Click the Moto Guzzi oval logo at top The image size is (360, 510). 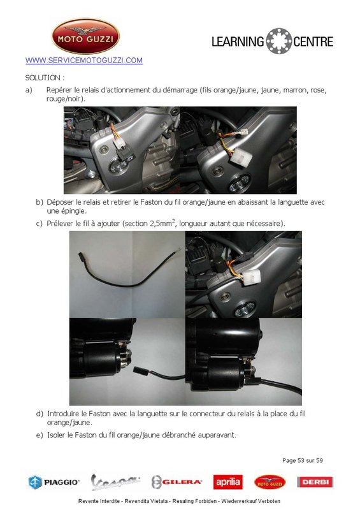pyautogui.click(x=85, y=36)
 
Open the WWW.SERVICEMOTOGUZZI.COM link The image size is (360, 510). pyautogui.click(x=84, y=61)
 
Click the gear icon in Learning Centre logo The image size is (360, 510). pyautogui.click(x=278, y=41)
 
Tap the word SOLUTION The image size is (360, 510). pyautogui.click(x=43, y=78)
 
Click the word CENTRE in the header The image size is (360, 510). pyautogui.click(x=313, y=41)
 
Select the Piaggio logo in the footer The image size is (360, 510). pyautogui.click(x=54, y=482)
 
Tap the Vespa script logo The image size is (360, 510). pyautogui.click(x=115, y=482)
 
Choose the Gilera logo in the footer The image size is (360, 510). pyautogui.click(x=176, y=482)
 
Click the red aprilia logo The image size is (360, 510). pyautogui.click(x=228, y=482)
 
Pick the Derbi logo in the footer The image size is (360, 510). pyautogui.click(x=315, y=482)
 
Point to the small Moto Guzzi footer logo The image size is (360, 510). pyautogui.click(x=270, y=482)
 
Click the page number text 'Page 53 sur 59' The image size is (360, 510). pyautogui.click(x=303, y=460)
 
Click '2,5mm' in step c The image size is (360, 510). pyautogui.click(x=162, y=224)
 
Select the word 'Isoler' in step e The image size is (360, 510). pyautogui.click(x=57, y=435)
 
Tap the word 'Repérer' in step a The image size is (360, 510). pyautogui.click(x=59, y=91)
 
